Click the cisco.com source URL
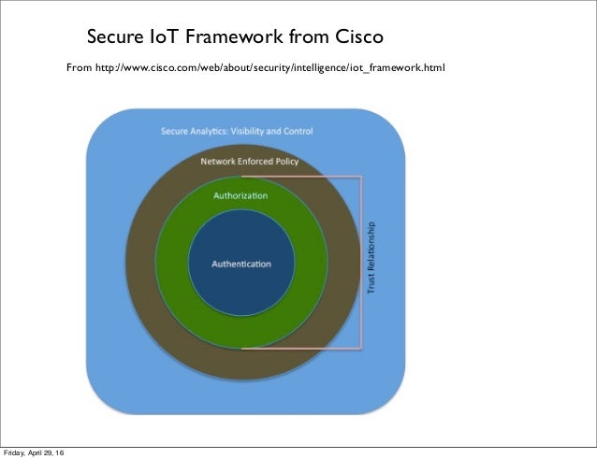pyautogui.click(x=271, y=68)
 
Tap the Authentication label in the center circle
pyautogui.click(x=241, y=264)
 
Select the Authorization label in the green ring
pyautogui.click(x=240, y=195)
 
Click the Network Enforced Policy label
pyautogui.click(x=250, y=162)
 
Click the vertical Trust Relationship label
pyautogui.click(x=371, y=258)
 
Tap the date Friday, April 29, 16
pyautogui.click(x=39, y=453)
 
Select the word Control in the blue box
pyautogui.click(x=298, y=131)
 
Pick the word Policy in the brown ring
pyautogui.click(x=284, y=162)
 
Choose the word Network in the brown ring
pyautogui.click(x=217, y=162)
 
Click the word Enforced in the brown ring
pyautogui.click(x=253, y=162)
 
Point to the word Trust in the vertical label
pyautogui.click(x=371, y=286)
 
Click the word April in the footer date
pyautogui.click(x=42, y=453)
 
